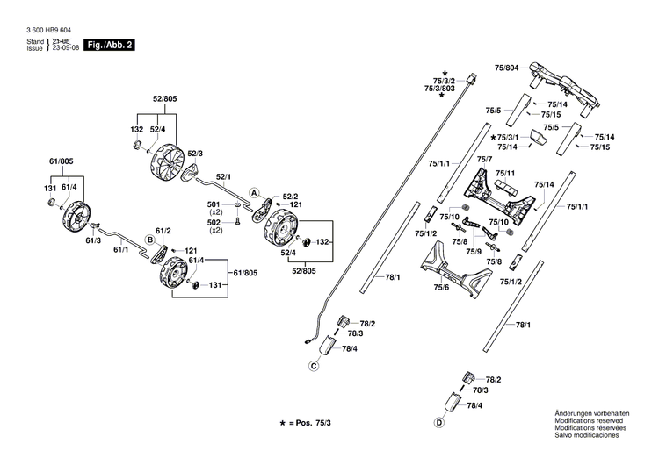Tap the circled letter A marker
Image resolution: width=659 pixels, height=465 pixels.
point(253,192)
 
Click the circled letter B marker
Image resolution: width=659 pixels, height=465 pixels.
point(150,239)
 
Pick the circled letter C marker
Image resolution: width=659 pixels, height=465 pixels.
point(314,366)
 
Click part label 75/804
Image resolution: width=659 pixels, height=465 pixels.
point(507,67)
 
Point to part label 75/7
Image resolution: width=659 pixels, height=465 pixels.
point(484,159)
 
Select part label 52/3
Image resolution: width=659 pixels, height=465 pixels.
point(196,154)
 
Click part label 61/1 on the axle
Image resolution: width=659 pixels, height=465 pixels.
point(120,250)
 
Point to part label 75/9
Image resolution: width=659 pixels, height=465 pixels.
point(474,252)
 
